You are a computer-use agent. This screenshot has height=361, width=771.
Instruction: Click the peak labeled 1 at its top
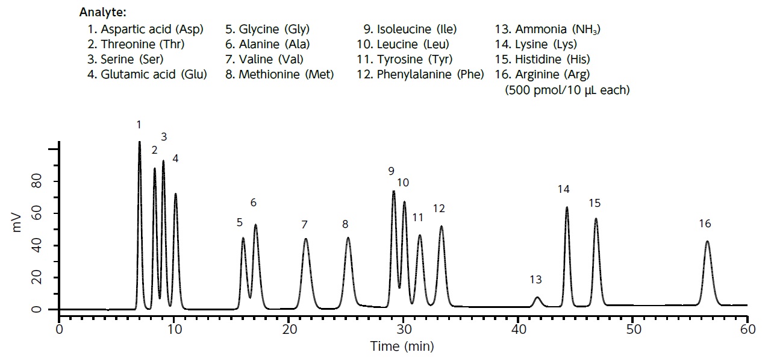(140, 143)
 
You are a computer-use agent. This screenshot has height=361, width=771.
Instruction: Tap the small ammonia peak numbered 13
(537, 298)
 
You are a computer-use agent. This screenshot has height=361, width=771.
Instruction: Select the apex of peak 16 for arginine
(707, 242)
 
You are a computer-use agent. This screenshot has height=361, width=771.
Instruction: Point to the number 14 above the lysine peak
(563, 189)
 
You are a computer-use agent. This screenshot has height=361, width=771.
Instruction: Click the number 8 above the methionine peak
(345, 224)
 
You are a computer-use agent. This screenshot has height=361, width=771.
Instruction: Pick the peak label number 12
(439, 209)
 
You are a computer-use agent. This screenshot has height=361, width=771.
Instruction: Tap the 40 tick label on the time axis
(518, 330)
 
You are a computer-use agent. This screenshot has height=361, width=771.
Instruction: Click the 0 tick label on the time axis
(59, 330)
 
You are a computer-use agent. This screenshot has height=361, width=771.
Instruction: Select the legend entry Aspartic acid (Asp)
(145, 29)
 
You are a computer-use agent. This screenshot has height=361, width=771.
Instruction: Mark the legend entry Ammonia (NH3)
(548, 29)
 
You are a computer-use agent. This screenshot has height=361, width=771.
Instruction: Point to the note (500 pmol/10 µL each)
(567, 90)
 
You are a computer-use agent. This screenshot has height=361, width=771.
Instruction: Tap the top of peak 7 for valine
(306, 239)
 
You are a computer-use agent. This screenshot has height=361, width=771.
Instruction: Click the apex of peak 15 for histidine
(596, 219)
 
